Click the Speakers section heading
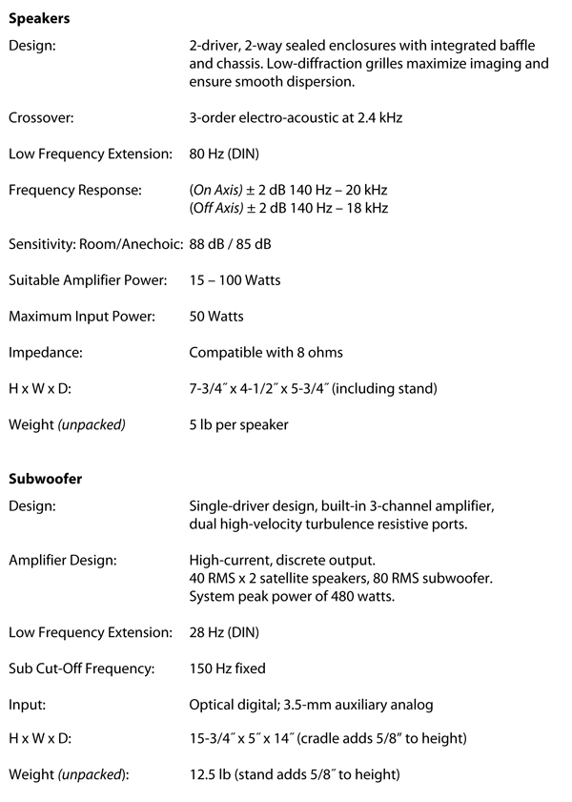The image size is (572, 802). point(39,17)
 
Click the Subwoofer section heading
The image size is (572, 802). point(45,479)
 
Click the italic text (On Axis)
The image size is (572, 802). point(218,190)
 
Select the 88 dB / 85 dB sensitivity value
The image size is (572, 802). point(230,244)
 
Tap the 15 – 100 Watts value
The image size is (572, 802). point(235,280)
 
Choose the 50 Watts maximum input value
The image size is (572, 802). point(216,317)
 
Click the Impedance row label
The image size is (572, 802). point(45,353)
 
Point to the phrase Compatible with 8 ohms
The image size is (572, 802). point(266,353)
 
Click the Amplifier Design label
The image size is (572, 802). point(62,560)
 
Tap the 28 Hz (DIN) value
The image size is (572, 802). point(224,632)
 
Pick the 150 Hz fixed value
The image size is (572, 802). point(227,668)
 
